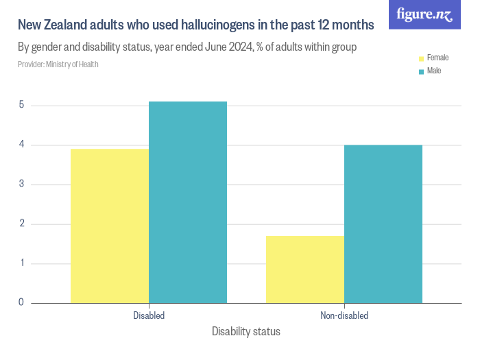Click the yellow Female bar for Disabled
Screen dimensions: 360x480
click(110, 226)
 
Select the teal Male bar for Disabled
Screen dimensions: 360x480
click(188, 202)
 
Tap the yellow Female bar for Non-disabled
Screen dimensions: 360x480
click(305, 269)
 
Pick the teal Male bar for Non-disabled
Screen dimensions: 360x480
click(383, 224)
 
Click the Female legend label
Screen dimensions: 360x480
click(437, 58)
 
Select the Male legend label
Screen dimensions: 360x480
click(434, 71)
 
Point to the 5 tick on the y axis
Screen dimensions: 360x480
click(22, 105)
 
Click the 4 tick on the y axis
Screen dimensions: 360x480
click(22, 145)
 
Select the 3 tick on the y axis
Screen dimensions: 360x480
click(22, 184)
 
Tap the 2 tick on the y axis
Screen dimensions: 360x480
click(22, 224)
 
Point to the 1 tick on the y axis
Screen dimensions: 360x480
click(22, 263)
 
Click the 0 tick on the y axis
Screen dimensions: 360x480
click(22, 302)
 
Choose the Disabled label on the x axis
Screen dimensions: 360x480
click(149, 316)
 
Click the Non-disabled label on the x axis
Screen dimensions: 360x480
click(344, 316)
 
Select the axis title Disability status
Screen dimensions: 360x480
click(246, 332)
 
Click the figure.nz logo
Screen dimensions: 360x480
click(425, 14)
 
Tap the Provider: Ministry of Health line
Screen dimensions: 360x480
click(58, 64)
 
